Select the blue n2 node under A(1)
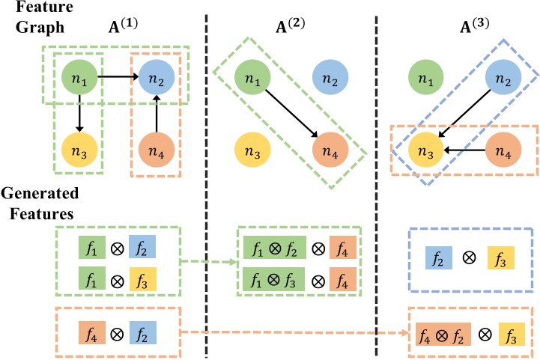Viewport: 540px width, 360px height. (x=157, y=76)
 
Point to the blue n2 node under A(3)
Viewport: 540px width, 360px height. (x=503, y=76)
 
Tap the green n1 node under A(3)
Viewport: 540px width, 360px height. (x=425, y=76)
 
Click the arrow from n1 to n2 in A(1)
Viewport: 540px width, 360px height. (x=117, y=76)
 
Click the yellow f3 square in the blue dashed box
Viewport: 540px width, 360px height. (x=499, y=260)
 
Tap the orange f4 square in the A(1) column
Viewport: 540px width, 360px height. (x=89, y=330)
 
